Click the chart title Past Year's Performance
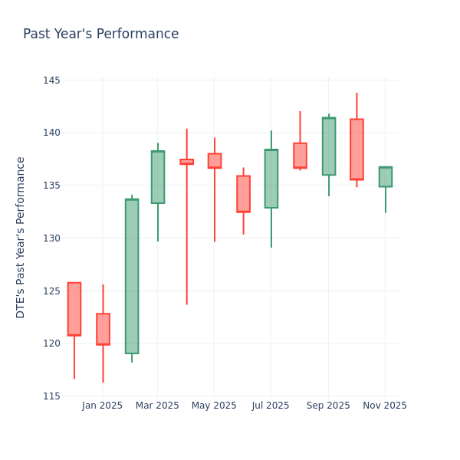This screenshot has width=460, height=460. [100, 34]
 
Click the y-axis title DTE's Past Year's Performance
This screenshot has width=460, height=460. [21, 237]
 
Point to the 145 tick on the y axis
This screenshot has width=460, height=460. [51, 80]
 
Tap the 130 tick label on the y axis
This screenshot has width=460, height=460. [51, 238]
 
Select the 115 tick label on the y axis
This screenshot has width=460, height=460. [51, 396]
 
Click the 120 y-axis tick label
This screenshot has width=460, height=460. [51, 343]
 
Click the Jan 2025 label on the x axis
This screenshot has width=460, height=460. [102, 406]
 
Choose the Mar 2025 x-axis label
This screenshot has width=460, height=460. [157, 406]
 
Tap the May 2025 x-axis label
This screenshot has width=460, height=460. [214, 406]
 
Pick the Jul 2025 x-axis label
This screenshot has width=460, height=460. [271, 406]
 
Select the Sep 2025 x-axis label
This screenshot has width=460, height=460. [328, 406]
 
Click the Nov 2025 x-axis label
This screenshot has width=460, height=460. [385, 406]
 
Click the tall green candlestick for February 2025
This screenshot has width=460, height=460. [132, 276]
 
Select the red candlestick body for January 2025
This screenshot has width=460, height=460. [103, 329]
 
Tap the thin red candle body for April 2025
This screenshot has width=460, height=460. [186, 162]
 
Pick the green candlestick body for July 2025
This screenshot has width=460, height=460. [271, 179]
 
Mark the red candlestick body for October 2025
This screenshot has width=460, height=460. [356, 149]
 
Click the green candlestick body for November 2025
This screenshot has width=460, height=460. [385, 177]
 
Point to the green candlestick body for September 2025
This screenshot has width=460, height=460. [328, 146]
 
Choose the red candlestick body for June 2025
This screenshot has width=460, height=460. [243, 194]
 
